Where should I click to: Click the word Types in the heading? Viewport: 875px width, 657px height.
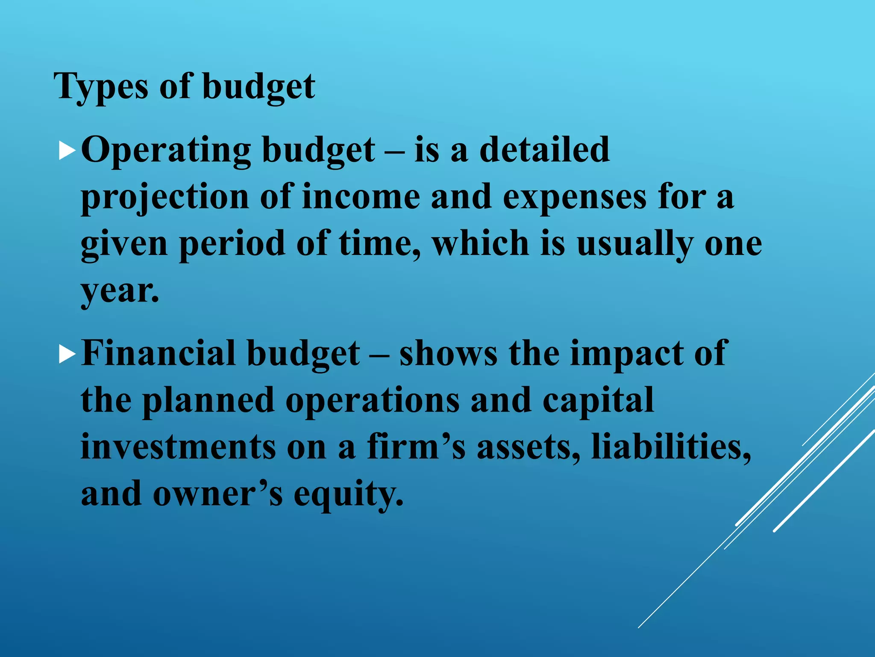pos(101,87)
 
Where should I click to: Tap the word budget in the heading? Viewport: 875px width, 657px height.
pos(258,87)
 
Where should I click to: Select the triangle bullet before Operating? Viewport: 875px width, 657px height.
pos(67,151)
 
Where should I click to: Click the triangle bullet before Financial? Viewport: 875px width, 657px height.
pos(67,355)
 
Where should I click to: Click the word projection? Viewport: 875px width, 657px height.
pos(165,198)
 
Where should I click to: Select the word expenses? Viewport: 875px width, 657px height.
pos(575,198)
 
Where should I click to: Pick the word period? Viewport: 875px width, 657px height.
pos(232,244)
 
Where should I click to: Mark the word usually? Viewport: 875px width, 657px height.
pos(635,244)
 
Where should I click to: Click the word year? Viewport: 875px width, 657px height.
pos(120,291)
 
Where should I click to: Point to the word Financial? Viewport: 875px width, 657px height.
pos(159,353)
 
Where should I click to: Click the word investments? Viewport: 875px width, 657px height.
pos(178,447)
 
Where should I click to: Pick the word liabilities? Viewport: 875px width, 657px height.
pos(671,447)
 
